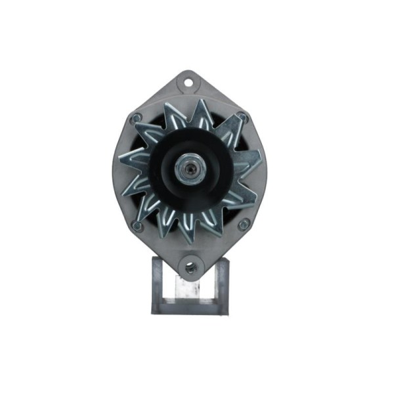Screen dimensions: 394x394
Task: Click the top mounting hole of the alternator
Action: [x=189, y=83]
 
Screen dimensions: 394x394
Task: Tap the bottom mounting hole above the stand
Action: [x=190, y=267]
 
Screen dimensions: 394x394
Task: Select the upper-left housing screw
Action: [x=137, y=118]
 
